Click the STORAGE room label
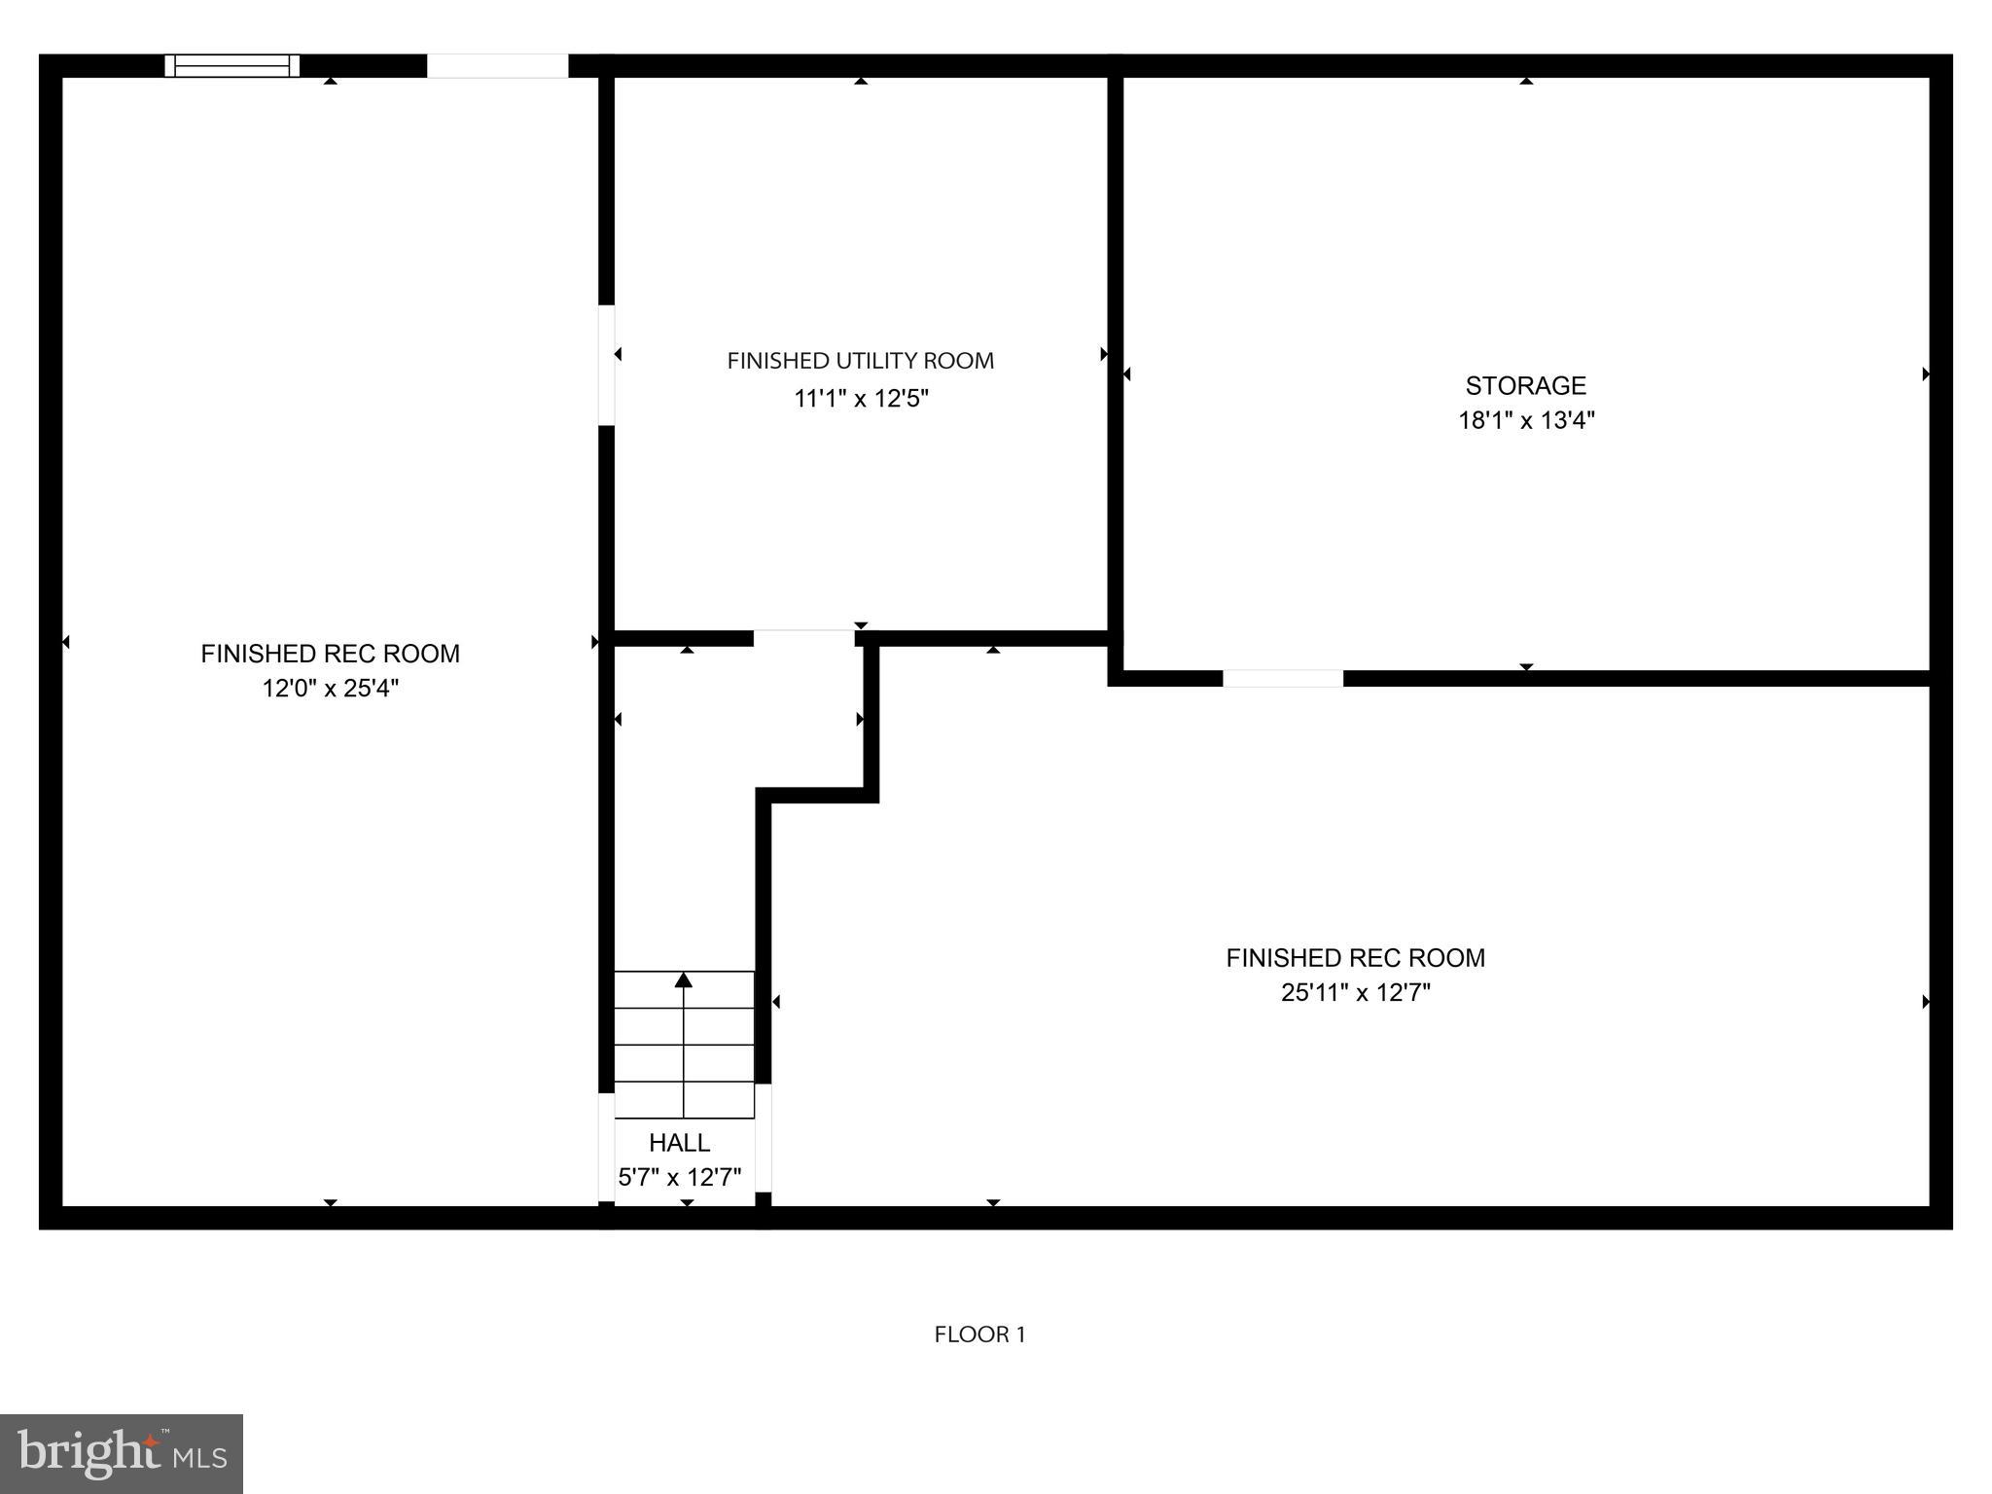point(1525,386)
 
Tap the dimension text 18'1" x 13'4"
point(1525,420)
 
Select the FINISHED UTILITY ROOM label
point(860,361)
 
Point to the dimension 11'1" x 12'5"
point(861,399)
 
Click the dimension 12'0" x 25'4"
point(330,689)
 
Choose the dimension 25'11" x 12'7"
point(1355,993)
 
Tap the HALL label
point(679,1143)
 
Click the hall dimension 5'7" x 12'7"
point(679,1178)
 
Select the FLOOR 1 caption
point(979,1334)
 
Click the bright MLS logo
point(122,1453)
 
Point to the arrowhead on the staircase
point(684,979)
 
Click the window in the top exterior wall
point(231,65)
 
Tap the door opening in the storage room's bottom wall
point(1282,678)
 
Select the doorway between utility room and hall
point(803,638)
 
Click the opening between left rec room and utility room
point(606,365)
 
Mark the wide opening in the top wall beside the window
point(497,65)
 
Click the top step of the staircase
point(684,990)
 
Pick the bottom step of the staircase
point(684,1100)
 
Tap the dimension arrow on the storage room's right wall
point(1925,373)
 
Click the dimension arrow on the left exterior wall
point(66,642)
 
